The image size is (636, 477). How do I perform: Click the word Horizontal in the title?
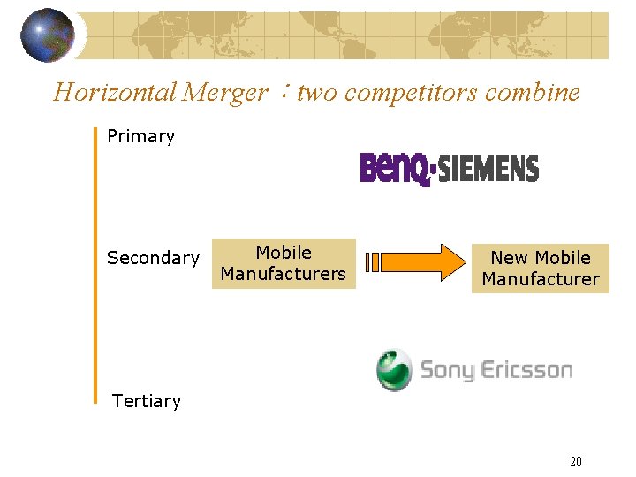pos(115,93)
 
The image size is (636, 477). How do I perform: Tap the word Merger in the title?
pos(226,93)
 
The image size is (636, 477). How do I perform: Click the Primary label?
pos(140,136)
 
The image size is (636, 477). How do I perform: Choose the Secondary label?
pos(153,258)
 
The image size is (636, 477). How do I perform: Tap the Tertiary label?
pos(147,401)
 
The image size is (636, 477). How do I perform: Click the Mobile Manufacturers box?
pos(283,263)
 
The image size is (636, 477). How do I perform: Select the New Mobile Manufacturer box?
pos(540,269)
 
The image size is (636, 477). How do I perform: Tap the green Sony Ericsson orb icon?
pos(394,369)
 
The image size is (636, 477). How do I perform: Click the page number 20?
pos(576,460)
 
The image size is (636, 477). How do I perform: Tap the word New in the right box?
pos(508,258)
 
